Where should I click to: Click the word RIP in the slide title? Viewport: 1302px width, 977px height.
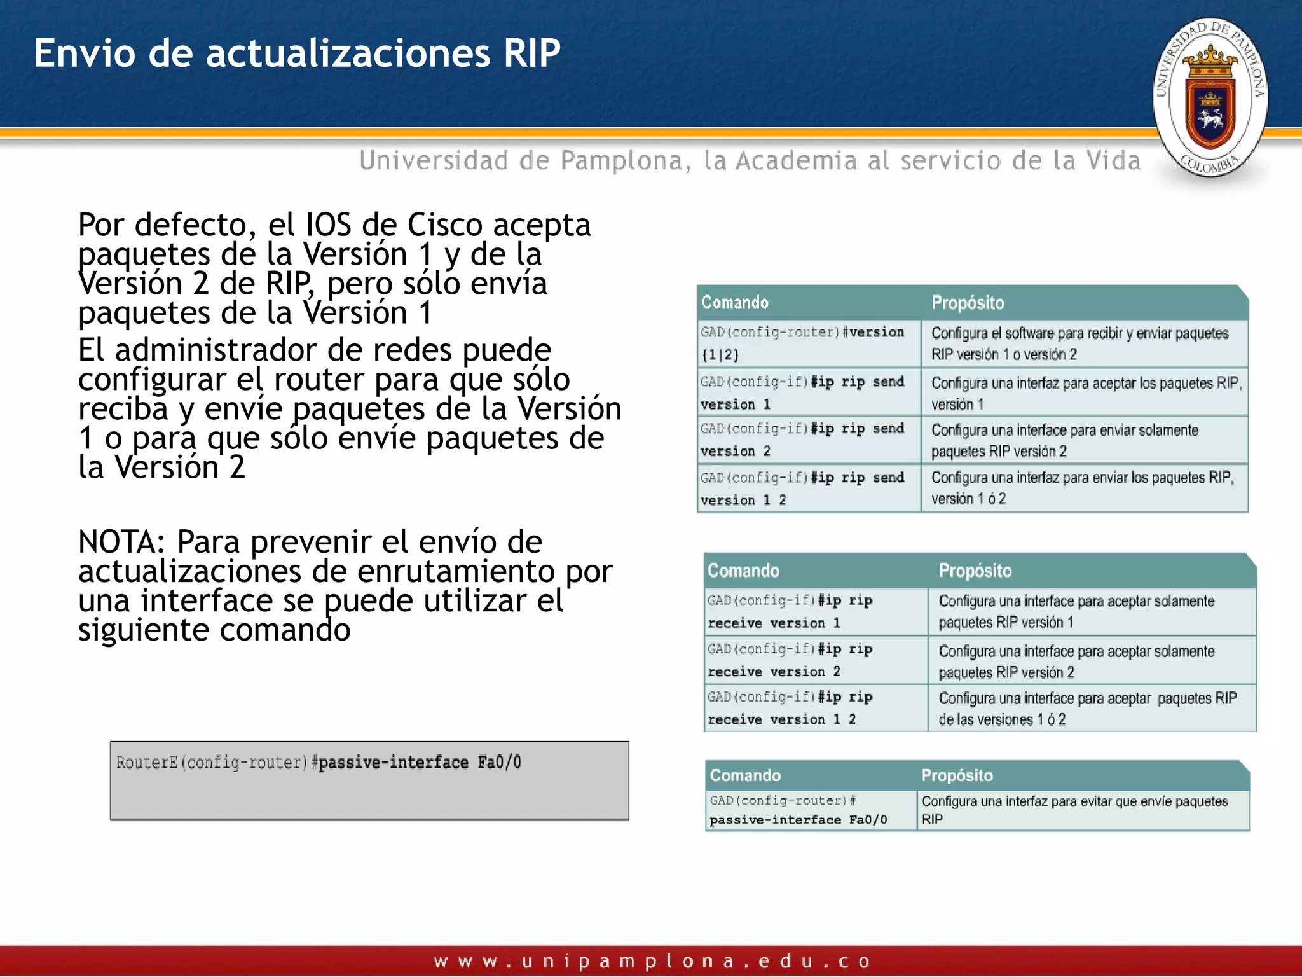531,53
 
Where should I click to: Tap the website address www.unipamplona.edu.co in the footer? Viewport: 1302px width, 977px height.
651,960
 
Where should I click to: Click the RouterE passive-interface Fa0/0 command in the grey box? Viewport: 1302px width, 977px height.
319,763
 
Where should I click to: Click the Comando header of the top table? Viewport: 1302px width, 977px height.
734,303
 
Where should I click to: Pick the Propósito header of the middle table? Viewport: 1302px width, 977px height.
975,571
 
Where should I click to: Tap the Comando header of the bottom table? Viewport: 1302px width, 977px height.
745,775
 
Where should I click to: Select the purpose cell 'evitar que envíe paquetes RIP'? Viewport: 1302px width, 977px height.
1081,810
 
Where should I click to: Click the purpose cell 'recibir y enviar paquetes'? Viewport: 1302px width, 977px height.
1081,343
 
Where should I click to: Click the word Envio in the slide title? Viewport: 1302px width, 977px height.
85,53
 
